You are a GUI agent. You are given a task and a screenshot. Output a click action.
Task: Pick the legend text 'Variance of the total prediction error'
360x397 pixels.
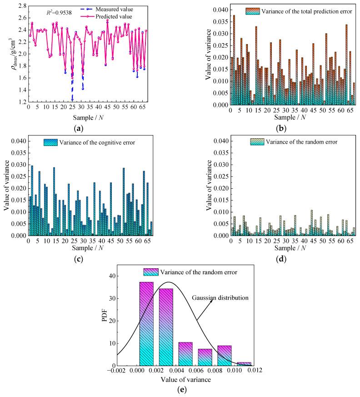click(302, 10)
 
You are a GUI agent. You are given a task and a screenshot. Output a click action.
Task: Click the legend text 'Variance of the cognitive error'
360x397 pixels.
click(94, 141)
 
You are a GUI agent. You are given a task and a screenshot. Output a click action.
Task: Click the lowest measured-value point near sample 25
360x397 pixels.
click(72, 100)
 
